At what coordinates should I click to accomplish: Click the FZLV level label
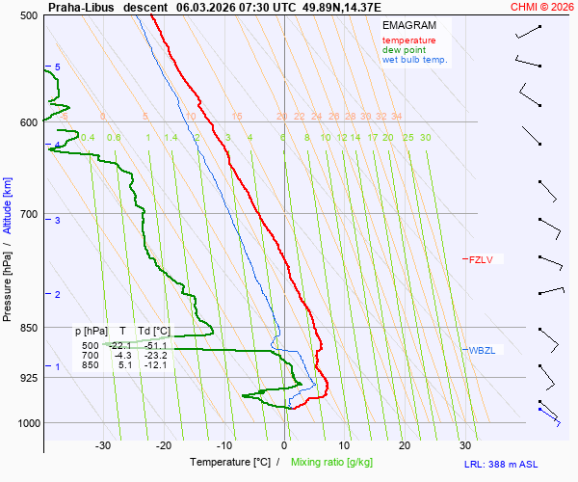coord(480,259)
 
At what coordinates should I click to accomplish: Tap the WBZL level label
coord(481,350)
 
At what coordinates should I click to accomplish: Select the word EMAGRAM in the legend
coord(408,25)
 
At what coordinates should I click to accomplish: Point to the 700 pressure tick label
coord(28,213)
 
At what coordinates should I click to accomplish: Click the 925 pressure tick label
coord(28,378)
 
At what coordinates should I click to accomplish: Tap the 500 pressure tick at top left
coord(28,15)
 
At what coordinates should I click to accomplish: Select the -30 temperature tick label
coord(103,445)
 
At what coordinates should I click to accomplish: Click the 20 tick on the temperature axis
coord(405,445)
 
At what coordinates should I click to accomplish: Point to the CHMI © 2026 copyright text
coord(541,7)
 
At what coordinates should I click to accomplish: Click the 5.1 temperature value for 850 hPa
coord(125,365)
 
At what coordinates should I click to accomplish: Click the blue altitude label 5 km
coord(57,67)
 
